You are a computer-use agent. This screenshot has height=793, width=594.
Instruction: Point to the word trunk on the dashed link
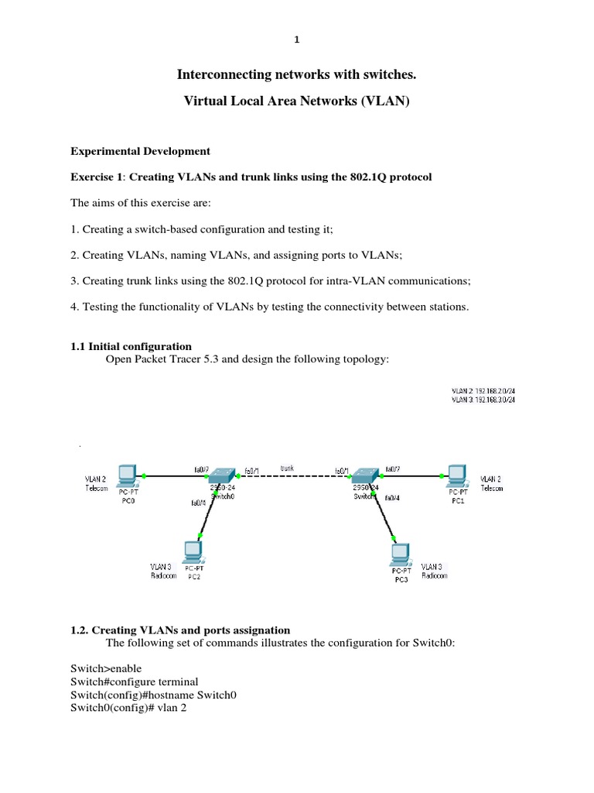coord(287,468)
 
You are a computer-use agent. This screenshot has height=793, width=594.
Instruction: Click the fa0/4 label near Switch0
coord(199,503)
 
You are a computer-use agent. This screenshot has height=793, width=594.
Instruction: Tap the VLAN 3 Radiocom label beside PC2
coord(163,571)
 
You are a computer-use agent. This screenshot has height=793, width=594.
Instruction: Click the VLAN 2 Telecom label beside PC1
coord(491,483)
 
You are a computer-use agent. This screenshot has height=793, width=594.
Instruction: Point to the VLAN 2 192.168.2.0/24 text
coord(483,391)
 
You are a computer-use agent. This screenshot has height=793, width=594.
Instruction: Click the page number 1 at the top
coord(297,40)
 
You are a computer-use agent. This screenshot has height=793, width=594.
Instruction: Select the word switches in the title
coord(387,74)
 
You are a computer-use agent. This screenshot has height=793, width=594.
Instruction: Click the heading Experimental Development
coord(140,150)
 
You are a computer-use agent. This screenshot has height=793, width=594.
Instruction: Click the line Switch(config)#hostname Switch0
coord(153,695)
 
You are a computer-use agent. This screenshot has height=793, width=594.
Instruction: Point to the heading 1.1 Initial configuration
coord(131,346)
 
